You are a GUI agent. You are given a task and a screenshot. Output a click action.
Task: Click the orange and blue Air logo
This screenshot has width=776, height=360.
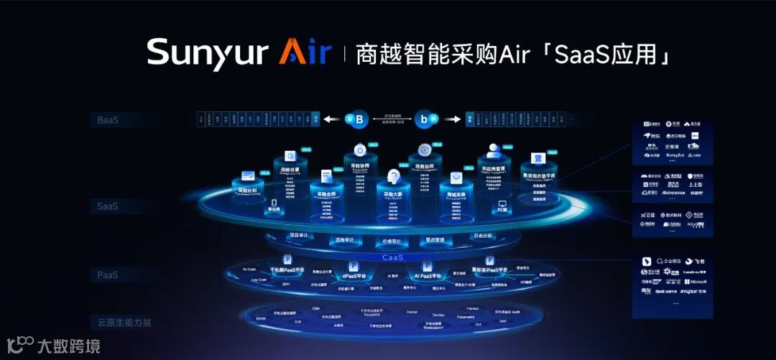click(305, 53)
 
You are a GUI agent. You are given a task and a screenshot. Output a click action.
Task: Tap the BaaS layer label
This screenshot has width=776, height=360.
click(108, 120)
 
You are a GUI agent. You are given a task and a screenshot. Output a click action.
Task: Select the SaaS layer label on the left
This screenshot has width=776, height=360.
click(108, 206)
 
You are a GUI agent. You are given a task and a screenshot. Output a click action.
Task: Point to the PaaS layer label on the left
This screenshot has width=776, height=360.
click(108, 274)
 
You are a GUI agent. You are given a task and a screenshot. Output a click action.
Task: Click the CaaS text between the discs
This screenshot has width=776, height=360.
click(392, 257)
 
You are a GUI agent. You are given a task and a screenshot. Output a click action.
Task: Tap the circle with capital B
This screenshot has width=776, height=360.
click(357, 119)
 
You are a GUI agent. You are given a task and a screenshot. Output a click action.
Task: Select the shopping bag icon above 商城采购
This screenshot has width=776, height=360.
click(456, 177)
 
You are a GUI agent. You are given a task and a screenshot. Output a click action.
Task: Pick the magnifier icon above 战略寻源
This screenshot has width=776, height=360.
click(290, 156)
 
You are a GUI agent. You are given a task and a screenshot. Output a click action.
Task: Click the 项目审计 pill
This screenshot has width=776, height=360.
click(297, 235)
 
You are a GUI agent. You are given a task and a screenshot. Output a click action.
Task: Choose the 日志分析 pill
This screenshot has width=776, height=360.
click(483, 235)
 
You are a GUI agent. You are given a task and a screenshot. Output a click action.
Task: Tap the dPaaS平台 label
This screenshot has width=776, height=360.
click(354, 275)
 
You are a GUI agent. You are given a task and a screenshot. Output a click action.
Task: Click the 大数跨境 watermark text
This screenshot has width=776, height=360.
click(69, 346)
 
